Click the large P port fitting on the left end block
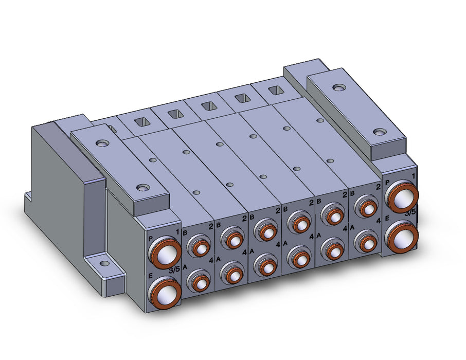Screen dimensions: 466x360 (x=165, y=253)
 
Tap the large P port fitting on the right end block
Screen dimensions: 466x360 (x=401, y=196)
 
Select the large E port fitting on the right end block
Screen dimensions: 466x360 (x=401, y=237)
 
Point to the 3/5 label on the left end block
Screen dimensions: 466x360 (x=174, y=270)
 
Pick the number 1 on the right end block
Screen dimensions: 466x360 (x=414, y=176)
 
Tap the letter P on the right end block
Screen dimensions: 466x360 (x=387, y=183)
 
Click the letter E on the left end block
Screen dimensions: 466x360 (x=150, y=276)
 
